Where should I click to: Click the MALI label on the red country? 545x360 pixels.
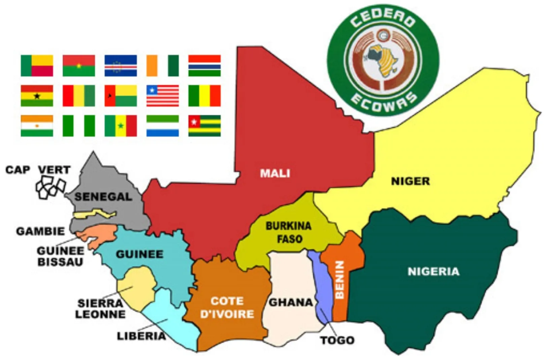[275, 173]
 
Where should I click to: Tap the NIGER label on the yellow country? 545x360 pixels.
[410, 181]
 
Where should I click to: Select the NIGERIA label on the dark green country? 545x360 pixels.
[433, 272]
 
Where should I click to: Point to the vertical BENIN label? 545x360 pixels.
[340, 280]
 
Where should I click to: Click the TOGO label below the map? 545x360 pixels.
[337, 340]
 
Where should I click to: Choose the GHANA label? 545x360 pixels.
[291, 302]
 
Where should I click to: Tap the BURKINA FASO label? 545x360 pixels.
[289, 232]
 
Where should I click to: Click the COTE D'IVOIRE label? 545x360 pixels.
[227, 308]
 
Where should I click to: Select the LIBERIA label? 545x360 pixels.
[141, 336]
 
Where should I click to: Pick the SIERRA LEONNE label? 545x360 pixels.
[100, 309]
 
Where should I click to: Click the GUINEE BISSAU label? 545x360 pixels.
[61, 256]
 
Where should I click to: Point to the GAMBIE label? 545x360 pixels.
[40, 231]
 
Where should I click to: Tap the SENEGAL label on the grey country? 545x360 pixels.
[103, 196]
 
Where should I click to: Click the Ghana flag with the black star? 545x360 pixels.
[37, 96]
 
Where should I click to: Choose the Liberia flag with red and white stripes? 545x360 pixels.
[163, 96]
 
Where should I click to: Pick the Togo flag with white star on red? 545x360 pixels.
[204, 125]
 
